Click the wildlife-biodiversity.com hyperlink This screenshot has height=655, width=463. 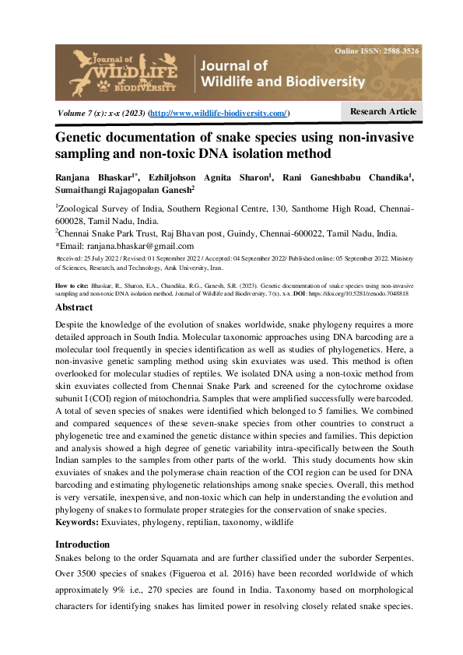point(219,114)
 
